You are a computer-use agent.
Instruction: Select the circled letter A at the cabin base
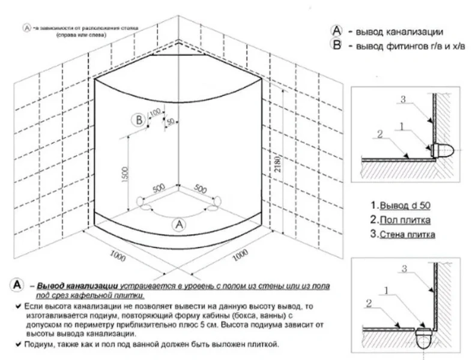pyautogui.click(x=178, y=224)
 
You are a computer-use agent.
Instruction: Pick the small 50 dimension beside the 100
pyautogui.click(x=171, y=121)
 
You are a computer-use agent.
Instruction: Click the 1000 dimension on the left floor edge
pyautogui.click(x=118, y=254)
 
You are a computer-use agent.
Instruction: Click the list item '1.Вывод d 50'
pyautogui.click(x=401, y=206)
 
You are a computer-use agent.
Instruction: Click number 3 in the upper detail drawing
pyautogui.click(x=404, y=100)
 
